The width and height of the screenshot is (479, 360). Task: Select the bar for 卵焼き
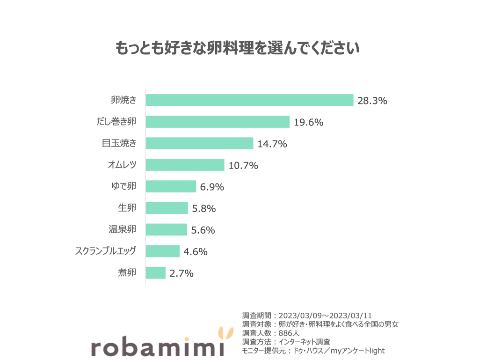[x=249, y=100]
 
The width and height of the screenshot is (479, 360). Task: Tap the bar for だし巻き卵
[x=218, y=122]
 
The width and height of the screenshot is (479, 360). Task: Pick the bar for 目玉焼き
[x=199, y=143]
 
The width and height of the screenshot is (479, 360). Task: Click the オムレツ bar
[x=185, y=165]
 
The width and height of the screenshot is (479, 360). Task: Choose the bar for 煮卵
[x=156, y=272]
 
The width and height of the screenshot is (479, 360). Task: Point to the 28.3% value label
[x=372, y=101]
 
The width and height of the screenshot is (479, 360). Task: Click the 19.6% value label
[x=309, y=122]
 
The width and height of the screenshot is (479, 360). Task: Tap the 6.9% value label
[x=212, y=187]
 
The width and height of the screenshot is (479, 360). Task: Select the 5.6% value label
[x=203, y=230]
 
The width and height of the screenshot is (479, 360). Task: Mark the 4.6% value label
[x=196, y=251]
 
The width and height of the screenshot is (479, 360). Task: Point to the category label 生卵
[x=127, y=208]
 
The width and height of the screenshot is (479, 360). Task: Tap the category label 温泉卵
[x=122, y=229]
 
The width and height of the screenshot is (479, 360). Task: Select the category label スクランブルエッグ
[x=106, y=251]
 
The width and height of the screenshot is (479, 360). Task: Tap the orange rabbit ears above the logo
[x=226, y=334]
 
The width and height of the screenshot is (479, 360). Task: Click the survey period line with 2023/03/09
[x=307, y=315]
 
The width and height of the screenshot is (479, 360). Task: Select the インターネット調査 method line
[x=286, y=342]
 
